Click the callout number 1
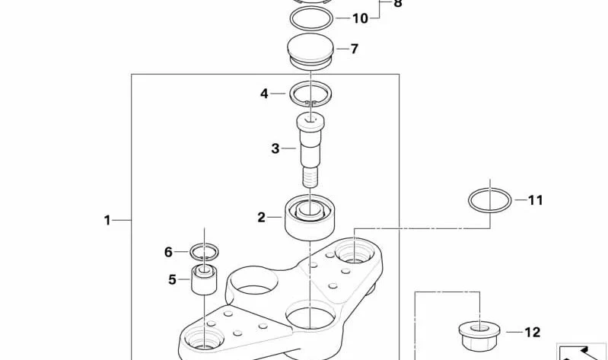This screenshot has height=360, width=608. tap(107, 221)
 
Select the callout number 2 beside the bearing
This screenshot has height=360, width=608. tap(261, 217)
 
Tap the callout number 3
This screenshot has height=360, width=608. tap(275, 148)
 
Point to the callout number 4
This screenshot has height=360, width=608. tap(264, 94)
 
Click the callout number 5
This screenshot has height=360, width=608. tap(172, 279)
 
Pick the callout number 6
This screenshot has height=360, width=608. tap(168, 252)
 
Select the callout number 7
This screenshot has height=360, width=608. tap(355, 49)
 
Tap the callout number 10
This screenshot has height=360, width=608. tap(360, 18)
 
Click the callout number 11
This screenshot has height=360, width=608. tap(536, 200)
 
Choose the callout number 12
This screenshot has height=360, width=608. tap(533, 333)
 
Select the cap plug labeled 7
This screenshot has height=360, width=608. tap(310, 50)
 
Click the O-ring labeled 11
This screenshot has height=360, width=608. tap(470, 202)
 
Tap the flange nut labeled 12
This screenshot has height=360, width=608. tap(479, 336)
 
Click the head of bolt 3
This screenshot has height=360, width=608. tap(310, 123)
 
